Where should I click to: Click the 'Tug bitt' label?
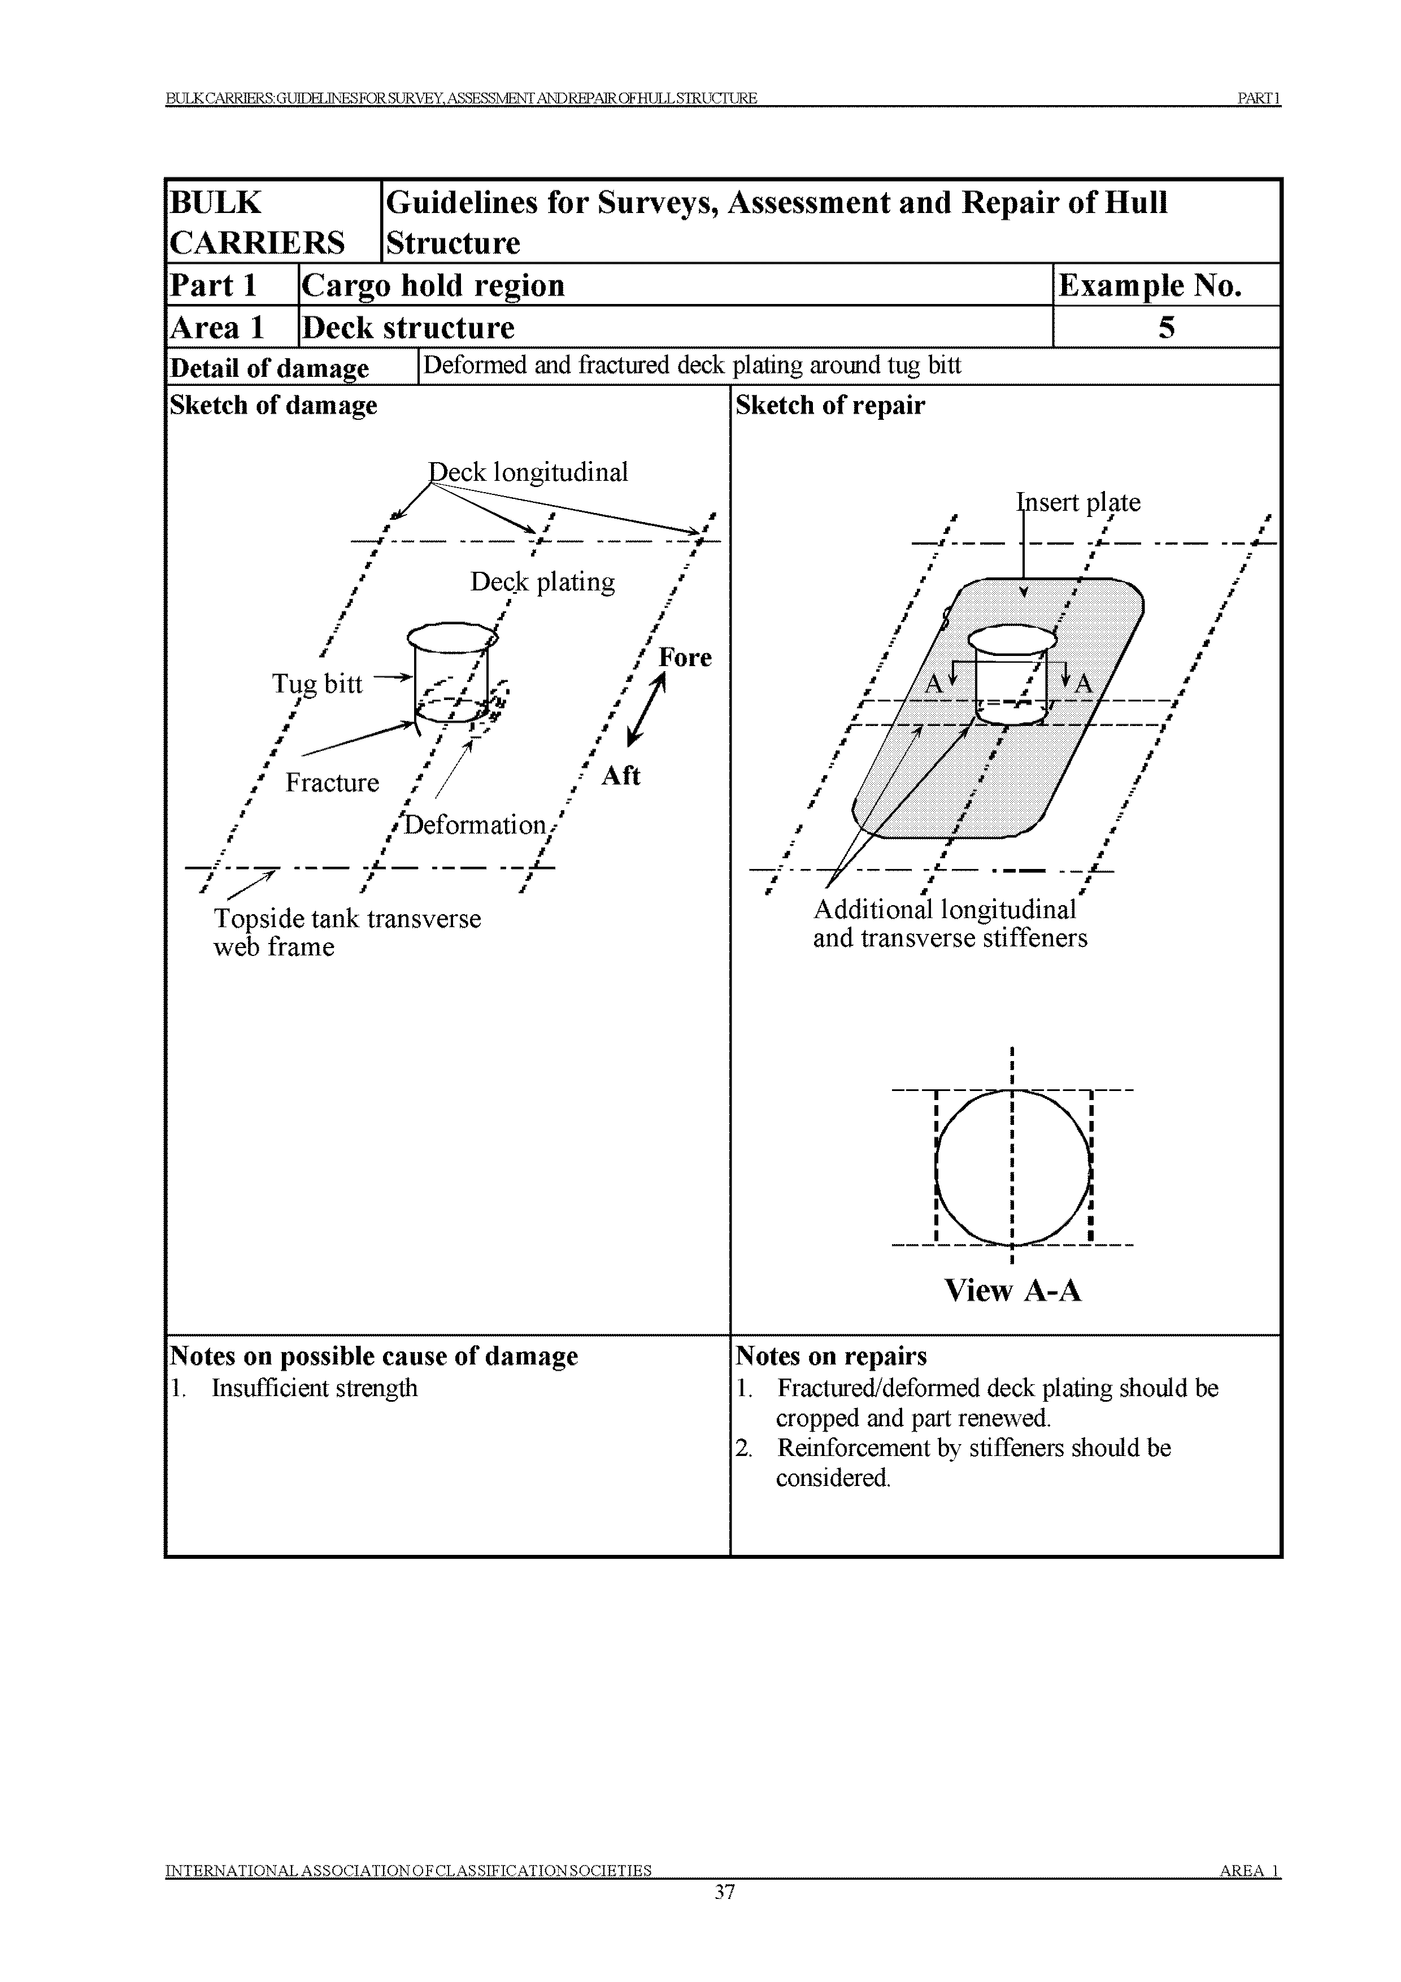(317, 684)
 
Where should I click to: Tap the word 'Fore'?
(685, 658)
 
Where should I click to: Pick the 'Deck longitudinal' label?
(528, 472)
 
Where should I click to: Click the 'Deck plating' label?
(542, 582)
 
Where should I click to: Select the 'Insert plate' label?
(1078, 502)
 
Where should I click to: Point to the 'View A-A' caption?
(1012, 1290)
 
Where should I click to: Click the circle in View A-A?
(1012, 1168)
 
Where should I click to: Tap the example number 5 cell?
(1166, 327)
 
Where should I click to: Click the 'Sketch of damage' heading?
(273, 406)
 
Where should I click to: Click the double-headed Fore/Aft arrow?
(646, 710)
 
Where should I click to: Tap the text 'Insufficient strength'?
(314, 1388)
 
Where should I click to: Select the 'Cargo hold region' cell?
(433, 285)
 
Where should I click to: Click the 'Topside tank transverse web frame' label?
(346, 932)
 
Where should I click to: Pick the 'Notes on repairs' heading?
(830, 1356)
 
